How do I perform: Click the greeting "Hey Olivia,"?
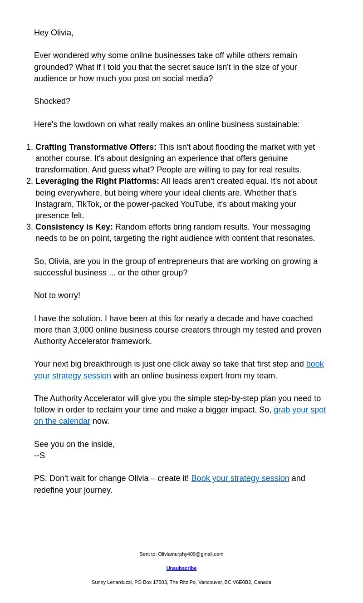tap(54, 33)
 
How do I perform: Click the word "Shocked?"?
tap(52, 101)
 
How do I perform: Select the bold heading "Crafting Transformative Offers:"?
tap(96, 147)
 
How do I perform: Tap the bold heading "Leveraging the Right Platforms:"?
tap(97, 181)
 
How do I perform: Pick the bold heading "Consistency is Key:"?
tap(74, 227)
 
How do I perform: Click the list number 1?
tap(29, 147)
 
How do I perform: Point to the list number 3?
tap(29, 227)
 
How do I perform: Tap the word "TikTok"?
tap(88, 204)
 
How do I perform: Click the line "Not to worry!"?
tap(57, 295)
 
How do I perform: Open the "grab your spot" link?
tap(299, 410)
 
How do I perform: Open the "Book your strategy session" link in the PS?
tap(240, 478)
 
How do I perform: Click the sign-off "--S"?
tap(39, 456)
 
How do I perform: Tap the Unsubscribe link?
tap(181, 568)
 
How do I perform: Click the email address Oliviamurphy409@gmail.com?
tap(191, 554)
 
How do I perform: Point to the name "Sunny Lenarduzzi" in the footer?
tap(112, 582)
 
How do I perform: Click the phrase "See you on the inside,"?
tap(74, 444)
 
